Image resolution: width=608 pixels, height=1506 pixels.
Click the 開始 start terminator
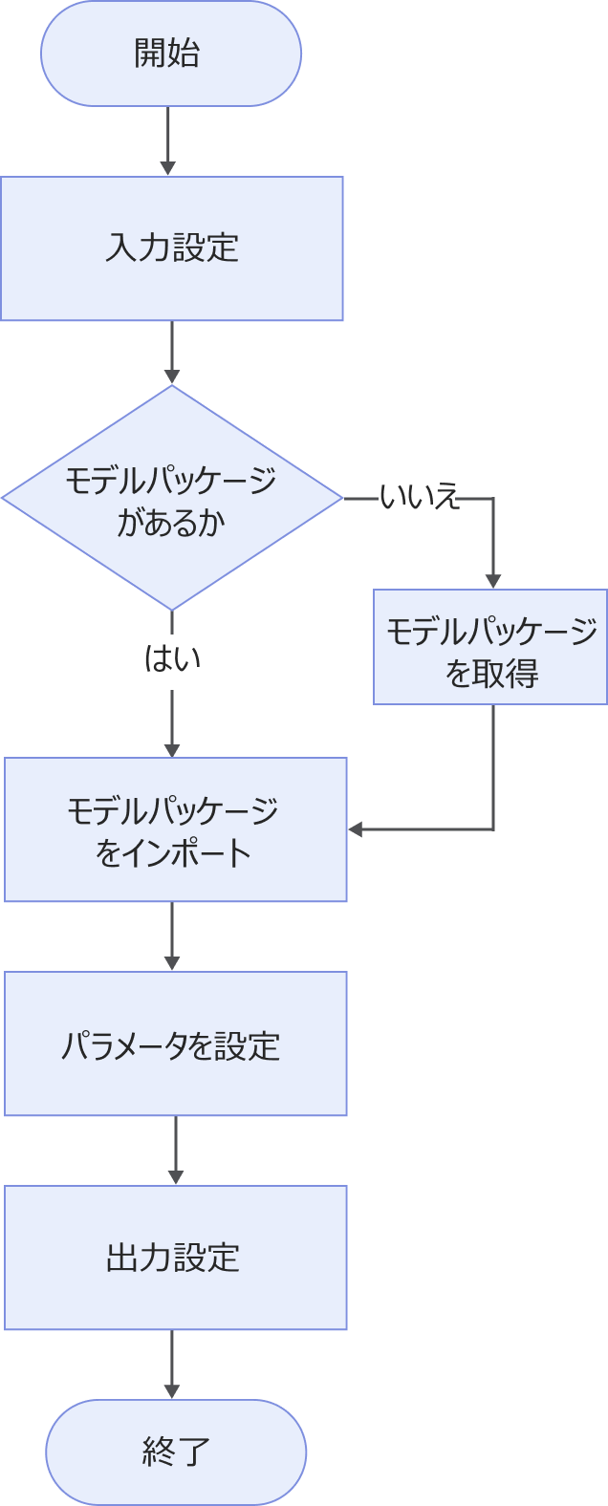click(171, 54)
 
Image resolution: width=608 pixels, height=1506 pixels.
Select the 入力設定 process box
click(172, 248)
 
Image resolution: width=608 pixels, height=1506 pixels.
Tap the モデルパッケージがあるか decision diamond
click(172, 497)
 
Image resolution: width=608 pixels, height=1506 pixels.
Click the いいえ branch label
click(420, 498)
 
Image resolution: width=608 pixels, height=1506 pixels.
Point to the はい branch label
click(172, 658)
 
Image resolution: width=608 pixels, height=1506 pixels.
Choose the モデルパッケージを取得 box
click(490, 648)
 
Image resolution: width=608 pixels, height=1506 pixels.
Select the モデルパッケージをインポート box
click(175, 829)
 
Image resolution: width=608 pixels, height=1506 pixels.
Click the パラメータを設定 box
click(175, 1043)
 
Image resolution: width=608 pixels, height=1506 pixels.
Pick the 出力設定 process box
click(175, 1258)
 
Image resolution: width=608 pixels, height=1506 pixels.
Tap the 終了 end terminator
click(176, 1452)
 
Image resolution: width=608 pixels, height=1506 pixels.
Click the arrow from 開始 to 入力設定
click(168, 140)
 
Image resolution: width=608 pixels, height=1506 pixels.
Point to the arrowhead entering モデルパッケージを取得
click(493, 579)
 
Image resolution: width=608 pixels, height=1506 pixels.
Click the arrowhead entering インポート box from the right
click(357, 829)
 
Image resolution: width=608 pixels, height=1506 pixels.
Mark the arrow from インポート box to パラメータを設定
click(172, 936)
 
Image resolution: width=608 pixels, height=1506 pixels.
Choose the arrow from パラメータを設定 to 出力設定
click(176, 1151)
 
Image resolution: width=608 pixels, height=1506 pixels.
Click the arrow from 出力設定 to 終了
click(172, 1365)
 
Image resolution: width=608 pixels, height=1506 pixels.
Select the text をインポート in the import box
click(174, 852)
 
